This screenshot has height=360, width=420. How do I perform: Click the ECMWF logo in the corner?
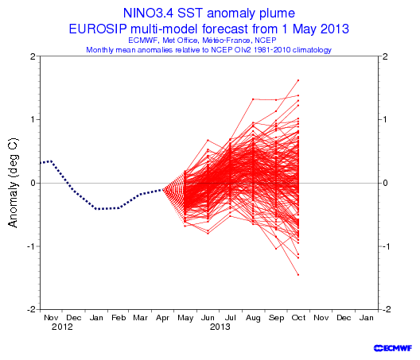click(x=393, y=348)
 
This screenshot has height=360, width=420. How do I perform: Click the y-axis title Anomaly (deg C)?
click(x=13, y=183)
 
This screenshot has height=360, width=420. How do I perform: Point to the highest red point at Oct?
click(x=298, y=80)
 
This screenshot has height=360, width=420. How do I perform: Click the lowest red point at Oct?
click(x=298, y=275)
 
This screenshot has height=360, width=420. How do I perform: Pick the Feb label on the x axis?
click(x=119, y=318)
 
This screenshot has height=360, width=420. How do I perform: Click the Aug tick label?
click(x=253, y=318)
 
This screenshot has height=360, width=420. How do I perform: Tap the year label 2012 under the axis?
click(x=62, y=327)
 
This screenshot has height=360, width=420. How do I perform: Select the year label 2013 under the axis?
click(x=220, y=327)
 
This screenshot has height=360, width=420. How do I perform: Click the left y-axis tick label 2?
click(x=33, y=56)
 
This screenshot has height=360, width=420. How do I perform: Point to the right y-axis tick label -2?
click(x=384, y=309)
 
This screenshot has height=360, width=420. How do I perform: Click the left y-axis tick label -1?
click(x=31, y=246)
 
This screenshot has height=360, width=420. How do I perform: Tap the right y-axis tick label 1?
click(x=385, y=119)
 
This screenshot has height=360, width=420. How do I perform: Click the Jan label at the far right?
click(x=366, y=318)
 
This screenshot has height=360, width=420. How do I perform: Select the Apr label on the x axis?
click(x=162, y=318)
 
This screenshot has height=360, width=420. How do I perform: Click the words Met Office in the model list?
click(x=181, y=41)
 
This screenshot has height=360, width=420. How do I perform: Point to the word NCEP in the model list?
click(x=266, y=41)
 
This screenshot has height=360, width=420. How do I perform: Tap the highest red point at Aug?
click(x=253, y=99)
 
